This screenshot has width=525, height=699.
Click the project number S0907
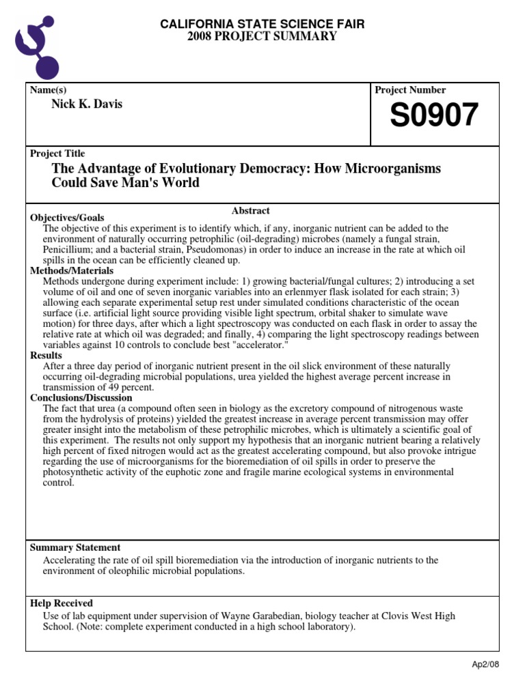[434, 116]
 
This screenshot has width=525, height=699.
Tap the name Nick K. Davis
[87, 104]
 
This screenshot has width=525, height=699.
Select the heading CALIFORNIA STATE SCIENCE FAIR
[262, 25]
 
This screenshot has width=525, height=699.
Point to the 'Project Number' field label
[410, 90]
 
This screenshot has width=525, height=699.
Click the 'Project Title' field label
[57, 154]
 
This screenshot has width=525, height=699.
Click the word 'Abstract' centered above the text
[251, 211]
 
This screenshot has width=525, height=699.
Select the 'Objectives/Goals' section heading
[67, 218]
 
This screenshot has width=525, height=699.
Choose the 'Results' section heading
[46, 356]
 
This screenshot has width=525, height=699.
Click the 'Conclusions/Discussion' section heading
[81, 398]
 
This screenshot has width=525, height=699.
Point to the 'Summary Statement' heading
[75, 547]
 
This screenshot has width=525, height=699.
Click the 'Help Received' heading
[62, 603]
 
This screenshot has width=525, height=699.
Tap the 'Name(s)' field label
[48, 90]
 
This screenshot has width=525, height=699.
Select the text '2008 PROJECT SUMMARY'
[262, 36]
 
